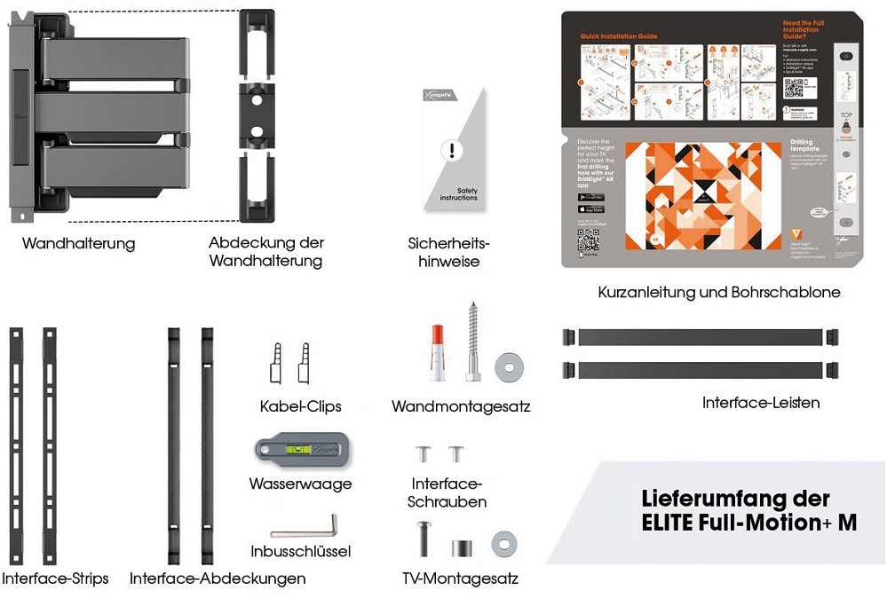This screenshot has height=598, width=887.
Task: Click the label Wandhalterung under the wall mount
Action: [x=79, y=243]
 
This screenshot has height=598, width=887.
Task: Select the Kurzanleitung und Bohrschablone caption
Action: [x=718, y=292]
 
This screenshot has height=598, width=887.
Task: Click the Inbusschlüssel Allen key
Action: [x=304, y=531]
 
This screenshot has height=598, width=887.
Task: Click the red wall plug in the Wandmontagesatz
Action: [x=436, y=352]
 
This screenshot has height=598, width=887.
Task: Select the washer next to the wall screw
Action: [x=510, y=364]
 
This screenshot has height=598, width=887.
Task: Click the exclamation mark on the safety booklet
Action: [x=453, y=150]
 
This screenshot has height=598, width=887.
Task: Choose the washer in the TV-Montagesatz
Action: [x=505, y=543]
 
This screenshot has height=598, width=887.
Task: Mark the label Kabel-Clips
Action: [x=301, y=406]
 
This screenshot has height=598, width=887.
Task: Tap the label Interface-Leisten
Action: [x=761, y=403]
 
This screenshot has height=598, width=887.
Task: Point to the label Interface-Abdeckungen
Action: [x=218, y=578]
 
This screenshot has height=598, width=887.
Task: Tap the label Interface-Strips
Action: [x=55, y=578]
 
